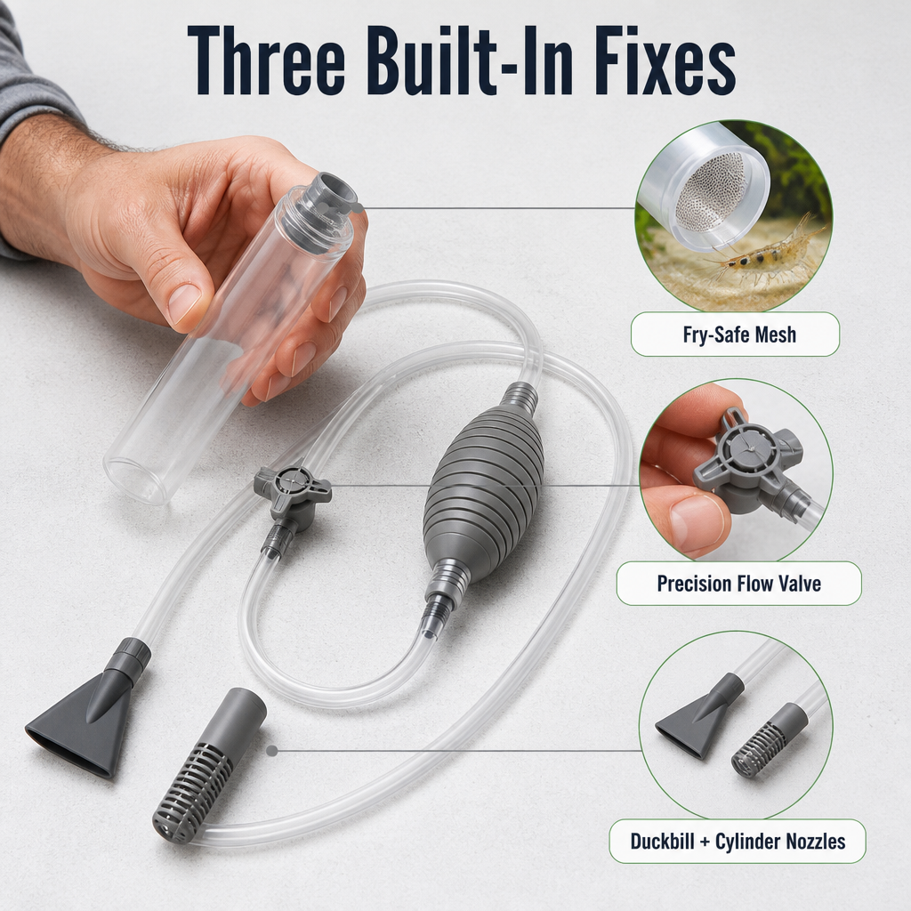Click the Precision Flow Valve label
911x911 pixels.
(738, 584)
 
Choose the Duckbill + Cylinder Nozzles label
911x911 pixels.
(738, 841)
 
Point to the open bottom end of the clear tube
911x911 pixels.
(134, 478)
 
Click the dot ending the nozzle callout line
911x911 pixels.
(271, 751)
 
